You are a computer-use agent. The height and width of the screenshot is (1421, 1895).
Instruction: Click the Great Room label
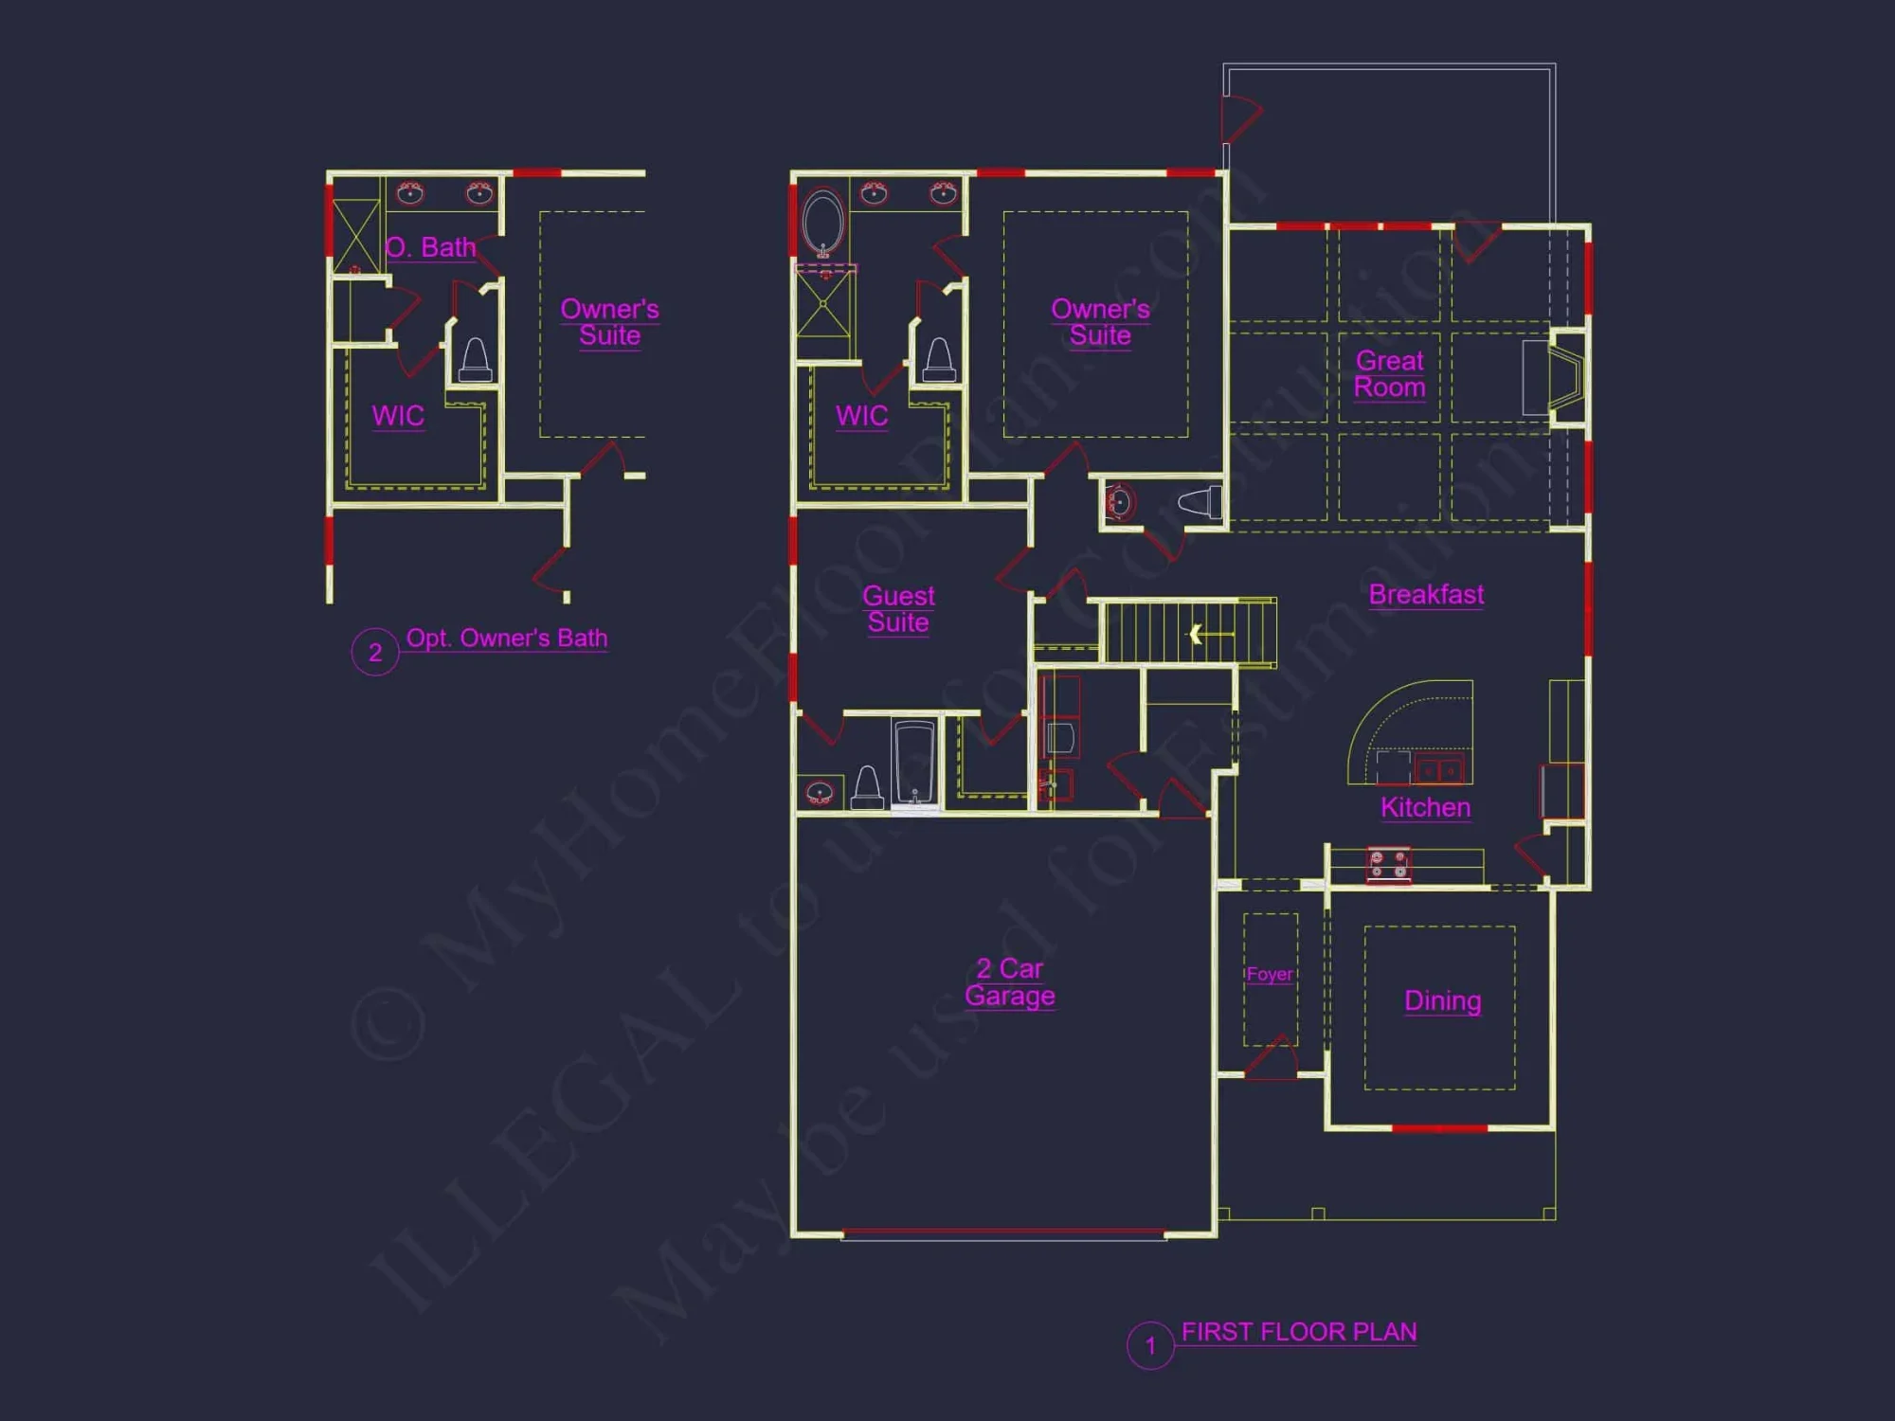[x=1389, y=374]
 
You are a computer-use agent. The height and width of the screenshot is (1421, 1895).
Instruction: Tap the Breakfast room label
[x=1426, y=594]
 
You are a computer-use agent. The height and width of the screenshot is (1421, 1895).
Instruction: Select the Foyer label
[x=1269, y=974]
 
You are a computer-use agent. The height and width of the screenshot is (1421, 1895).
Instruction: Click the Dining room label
[x=1442, y=1000]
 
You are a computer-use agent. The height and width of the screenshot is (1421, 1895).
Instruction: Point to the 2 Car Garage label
[x=1010, y=982]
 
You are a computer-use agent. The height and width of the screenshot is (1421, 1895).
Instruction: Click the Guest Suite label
[x=898, y=609]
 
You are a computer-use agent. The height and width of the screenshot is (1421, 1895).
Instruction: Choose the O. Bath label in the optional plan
[x=431, y=247]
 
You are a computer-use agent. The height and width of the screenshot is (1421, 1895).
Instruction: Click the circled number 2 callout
[x=375, y=652]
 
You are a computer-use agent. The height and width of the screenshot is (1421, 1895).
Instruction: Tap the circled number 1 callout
[x=1150, y=1345]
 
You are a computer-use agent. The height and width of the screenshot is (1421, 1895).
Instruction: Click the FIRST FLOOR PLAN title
[x=1299, y=1332]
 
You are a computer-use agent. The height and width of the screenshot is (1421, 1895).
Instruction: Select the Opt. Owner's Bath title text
[x=507, y=638]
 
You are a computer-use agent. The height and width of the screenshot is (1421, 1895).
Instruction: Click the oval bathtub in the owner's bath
[x=822, y=223]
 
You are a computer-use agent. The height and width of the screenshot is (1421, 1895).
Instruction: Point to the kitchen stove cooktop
[x=1388, y=865]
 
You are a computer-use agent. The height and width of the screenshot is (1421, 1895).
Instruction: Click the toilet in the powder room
[x=1201, y=501]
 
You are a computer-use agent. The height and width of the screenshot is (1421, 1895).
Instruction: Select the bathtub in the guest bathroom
[x=915, y=763]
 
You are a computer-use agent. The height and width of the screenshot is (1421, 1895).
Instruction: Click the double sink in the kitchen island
[x=1440, y=770]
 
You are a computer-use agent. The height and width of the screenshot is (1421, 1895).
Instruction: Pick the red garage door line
[x=1004, y=1232]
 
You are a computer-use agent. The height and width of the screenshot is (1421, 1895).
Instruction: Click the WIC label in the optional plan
[x=398, y=416]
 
